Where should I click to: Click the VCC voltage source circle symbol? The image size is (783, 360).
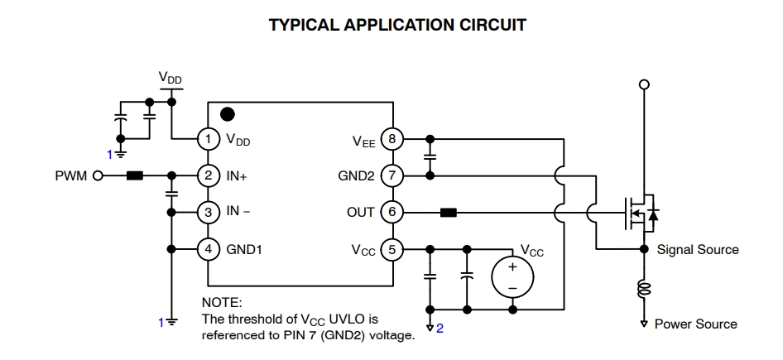pos(512,277)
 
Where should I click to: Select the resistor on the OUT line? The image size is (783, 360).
pos(448,212)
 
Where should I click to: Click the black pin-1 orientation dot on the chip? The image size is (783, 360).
pos(228,114)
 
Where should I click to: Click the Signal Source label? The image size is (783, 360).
pos(697,249)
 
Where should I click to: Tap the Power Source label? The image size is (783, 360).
pos(695,324)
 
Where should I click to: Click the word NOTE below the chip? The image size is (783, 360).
pos(222,302)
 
